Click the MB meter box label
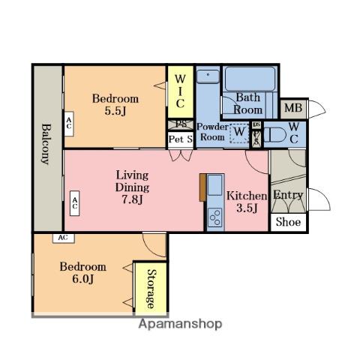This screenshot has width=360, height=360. pyautogui.click(x=293, y=108)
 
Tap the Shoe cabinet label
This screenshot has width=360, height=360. pyautogui.click(x=288, y=222)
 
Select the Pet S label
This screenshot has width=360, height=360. pyautogui.click(x=181, y=139)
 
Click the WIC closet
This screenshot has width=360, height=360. pyautogui.click(x=181, y=91)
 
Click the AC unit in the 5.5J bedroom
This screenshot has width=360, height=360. pyautogui.click(x=69, y=124)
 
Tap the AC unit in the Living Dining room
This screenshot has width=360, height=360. pyautogui.click(x=74, y=203)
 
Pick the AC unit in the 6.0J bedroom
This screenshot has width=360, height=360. pyautogui.click(x=64, y=238)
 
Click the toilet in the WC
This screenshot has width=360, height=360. pyautogui.click(x=273, y=135)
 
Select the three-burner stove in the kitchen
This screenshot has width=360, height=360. pyautogui.click(x=215, y=217)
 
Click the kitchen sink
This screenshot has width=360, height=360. pyautogui.click(x=214, y=185)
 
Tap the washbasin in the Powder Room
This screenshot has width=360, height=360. pyautogui.click(x=208, y=76)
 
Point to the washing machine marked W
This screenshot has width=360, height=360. pyautogui.click(x=239, y=133)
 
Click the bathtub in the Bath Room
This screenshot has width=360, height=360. pyautogui.click(x=250, y=79)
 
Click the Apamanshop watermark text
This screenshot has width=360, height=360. pyautogui.click(x=180, y=324)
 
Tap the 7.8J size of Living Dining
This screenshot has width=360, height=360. pyautogui.click(x=132, y=199)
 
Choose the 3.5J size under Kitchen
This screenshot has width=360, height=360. pyautogui.click(x=247, y=208)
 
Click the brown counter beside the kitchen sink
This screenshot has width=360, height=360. pyautogui.click(x=202, y=187)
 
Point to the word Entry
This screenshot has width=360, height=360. pyautogui.click(x=288, y=195)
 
